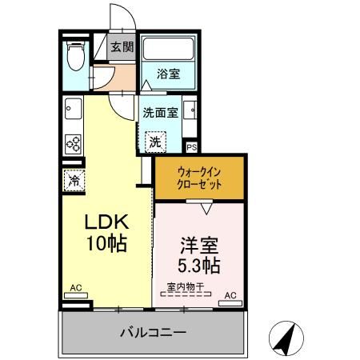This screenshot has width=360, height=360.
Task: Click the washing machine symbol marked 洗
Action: click(x=154, y=141)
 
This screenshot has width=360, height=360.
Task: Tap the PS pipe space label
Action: click(x=191, y=147)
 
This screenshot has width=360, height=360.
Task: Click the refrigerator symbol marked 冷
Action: click(x=73, y=181)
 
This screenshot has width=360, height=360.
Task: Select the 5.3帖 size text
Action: click(x=198, y=262)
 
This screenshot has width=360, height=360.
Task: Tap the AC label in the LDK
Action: click(x=76, y=287)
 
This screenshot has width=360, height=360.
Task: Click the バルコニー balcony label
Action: click(x=153, y=331)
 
